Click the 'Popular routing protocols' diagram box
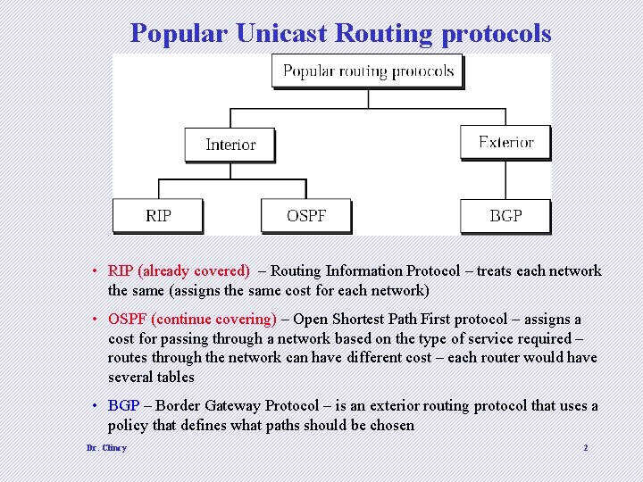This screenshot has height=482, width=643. [367, 71]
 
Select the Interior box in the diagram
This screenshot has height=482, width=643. [230, 145]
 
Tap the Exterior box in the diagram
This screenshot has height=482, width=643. [505, 142]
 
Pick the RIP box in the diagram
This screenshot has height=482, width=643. [157, 216]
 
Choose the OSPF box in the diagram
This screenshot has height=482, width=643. [305, 216]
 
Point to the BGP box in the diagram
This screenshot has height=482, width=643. [505, 216]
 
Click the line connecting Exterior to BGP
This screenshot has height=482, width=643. [505, 179]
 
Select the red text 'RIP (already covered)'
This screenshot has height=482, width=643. [179, 270]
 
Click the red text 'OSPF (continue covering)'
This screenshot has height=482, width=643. [192, 319]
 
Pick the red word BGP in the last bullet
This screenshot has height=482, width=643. [123, 405]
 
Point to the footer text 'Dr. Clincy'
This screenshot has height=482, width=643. [106, 447]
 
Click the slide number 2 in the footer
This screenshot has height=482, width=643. [585, 447]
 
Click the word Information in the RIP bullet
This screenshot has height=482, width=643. [364, 270]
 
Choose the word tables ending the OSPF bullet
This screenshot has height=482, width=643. [174, 377]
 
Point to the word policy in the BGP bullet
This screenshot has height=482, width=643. [129, 425]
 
